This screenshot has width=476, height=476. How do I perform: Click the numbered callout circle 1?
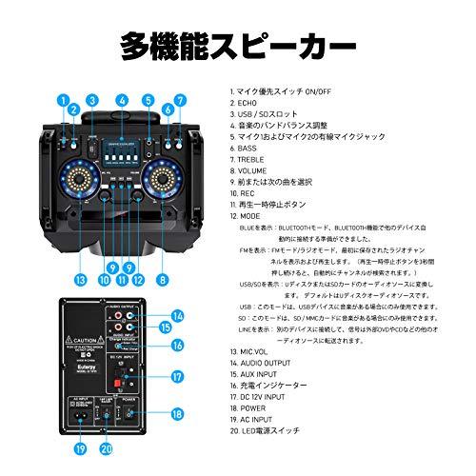(62, 99)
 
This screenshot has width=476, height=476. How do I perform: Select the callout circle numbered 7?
(179, 99)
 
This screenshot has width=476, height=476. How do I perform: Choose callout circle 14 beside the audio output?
(177, 315)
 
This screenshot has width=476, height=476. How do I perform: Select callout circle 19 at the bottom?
(81, 447)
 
